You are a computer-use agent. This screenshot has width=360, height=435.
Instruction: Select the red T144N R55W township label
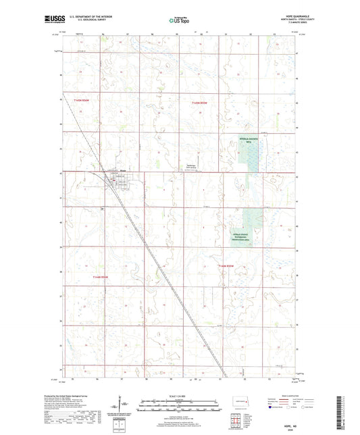226,266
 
